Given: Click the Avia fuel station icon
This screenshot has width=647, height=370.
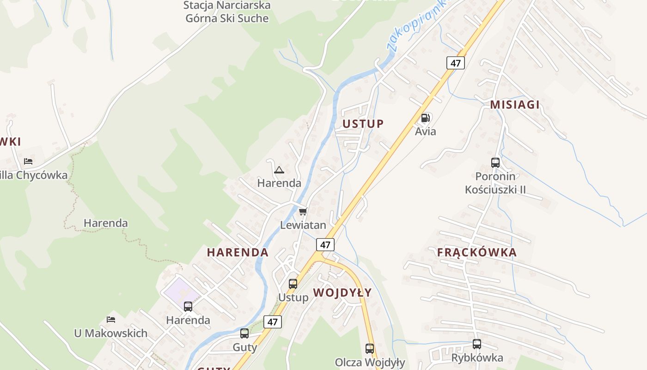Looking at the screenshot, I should (x=426, y=118).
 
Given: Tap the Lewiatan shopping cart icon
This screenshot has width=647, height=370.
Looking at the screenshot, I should (x=303, y=212).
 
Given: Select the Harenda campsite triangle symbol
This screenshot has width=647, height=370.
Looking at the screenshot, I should (x=279, y=170).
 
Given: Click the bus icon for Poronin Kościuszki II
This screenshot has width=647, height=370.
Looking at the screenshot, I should (x=495, y=163).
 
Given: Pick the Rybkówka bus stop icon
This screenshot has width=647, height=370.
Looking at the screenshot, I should (x=477, y=344).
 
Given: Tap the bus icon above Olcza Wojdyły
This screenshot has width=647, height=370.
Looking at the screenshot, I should (x=370, y=349).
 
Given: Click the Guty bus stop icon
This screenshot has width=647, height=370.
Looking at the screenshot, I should (x=244, y=333).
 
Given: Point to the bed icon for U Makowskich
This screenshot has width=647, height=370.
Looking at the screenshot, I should (x=111, y=320).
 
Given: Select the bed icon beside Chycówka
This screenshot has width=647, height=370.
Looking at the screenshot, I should (x=28, y=161).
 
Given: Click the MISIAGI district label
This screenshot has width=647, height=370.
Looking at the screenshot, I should (x=515, y=105).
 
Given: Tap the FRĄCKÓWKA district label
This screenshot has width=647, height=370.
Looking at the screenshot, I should (x=477, y=253).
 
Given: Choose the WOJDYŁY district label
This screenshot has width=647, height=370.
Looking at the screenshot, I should (x=342, y=293).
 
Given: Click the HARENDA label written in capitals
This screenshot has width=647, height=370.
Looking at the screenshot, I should (x=238, y=253).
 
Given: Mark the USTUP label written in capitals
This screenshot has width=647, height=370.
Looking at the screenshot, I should (x=363, y=123).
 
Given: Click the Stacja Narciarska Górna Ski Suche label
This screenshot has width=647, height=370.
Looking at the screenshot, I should (x=227, y=12).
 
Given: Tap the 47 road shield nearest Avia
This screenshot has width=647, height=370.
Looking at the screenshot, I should (x=456, y=63).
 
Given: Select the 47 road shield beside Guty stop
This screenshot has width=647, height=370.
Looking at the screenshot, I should (x=273, y=322).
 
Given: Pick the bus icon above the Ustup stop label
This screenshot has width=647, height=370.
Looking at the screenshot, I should (x=293, y=284).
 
